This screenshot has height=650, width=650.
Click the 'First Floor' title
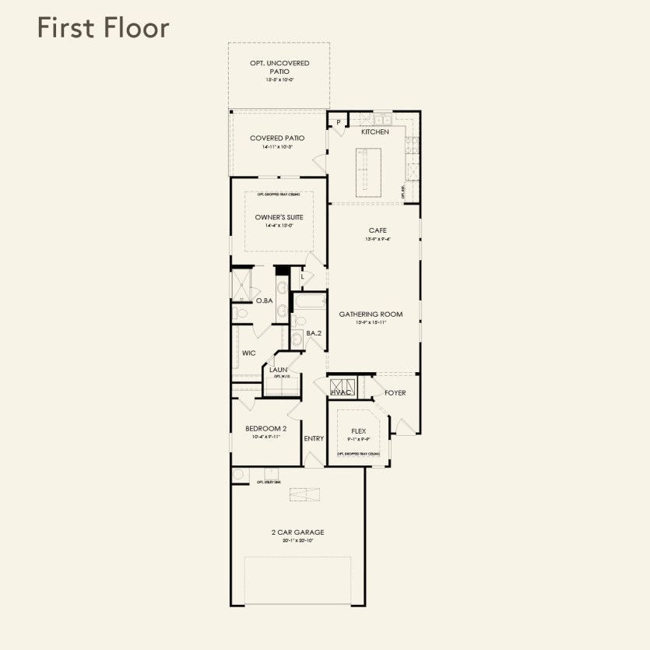[102, 28]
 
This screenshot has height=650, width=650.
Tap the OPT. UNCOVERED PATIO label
[278, 67]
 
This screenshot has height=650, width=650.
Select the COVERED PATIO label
[277, 138]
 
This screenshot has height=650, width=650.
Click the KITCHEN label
[374, 132]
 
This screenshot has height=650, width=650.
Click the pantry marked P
[339, 121]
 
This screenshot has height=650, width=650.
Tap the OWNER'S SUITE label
[279, 217]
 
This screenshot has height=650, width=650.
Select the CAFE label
[378, 230]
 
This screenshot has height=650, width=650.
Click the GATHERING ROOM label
[371, 314]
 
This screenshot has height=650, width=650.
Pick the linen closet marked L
[302, 276]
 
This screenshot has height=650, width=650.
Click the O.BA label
[264, 300]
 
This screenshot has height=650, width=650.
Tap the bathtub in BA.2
[310, 300]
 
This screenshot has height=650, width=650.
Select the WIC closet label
[249, 353]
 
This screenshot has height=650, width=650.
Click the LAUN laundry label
[279, 370]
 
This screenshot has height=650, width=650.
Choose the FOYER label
[395, 393]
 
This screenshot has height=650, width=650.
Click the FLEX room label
[358, 430]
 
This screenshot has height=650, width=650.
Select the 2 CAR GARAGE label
[297, 532]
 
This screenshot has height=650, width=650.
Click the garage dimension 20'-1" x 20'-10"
[297, 540]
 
